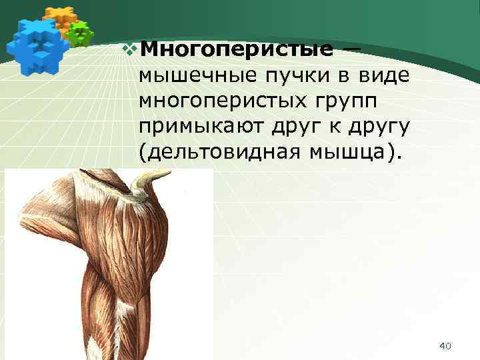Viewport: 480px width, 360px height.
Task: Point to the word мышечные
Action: tap(188, 77)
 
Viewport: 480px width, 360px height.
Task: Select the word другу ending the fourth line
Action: tap(381, 127)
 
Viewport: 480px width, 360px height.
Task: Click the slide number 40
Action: tap(446, 345)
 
